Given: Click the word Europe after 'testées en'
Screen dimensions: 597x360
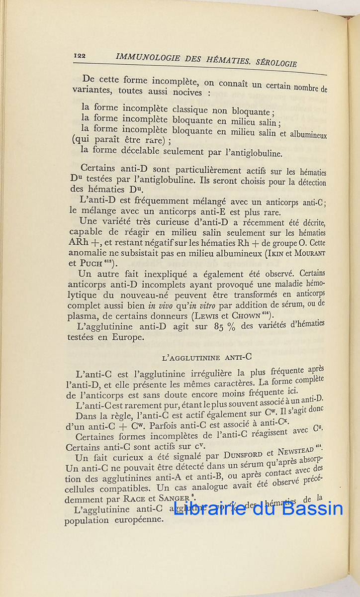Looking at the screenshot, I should point(129,337).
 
